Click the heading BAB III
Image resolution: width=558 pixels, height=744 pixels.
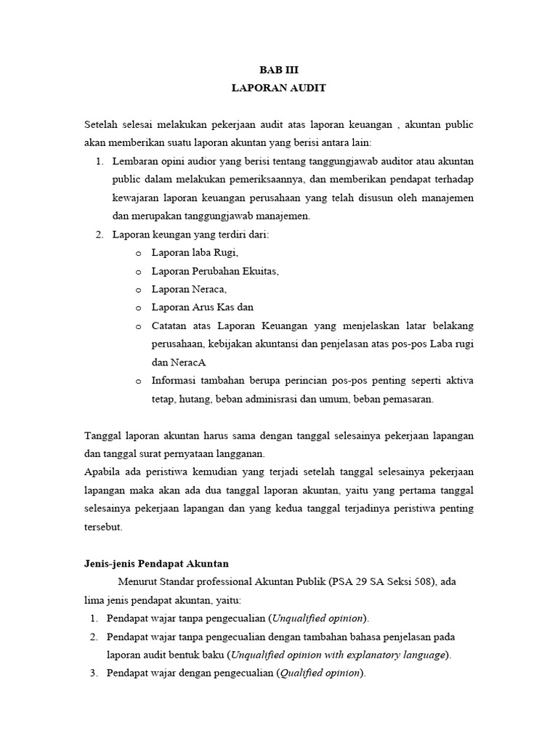click(x=279, y=70)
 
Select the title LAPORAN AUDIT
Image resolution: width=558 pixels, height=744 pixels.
click(x=279, y=89)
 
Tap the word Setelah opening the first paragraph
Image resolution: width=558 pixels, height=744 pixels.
click(x=102, y=125)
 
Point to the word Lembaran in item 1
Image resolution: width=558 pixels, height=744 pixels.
click(x=134, y=160)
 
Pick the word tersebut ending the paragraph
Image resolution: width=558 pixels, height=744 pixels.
click(x=104, y=527)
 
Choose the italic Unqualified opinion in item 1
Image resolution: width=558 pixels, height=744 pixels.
click(x=318, y=618)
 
